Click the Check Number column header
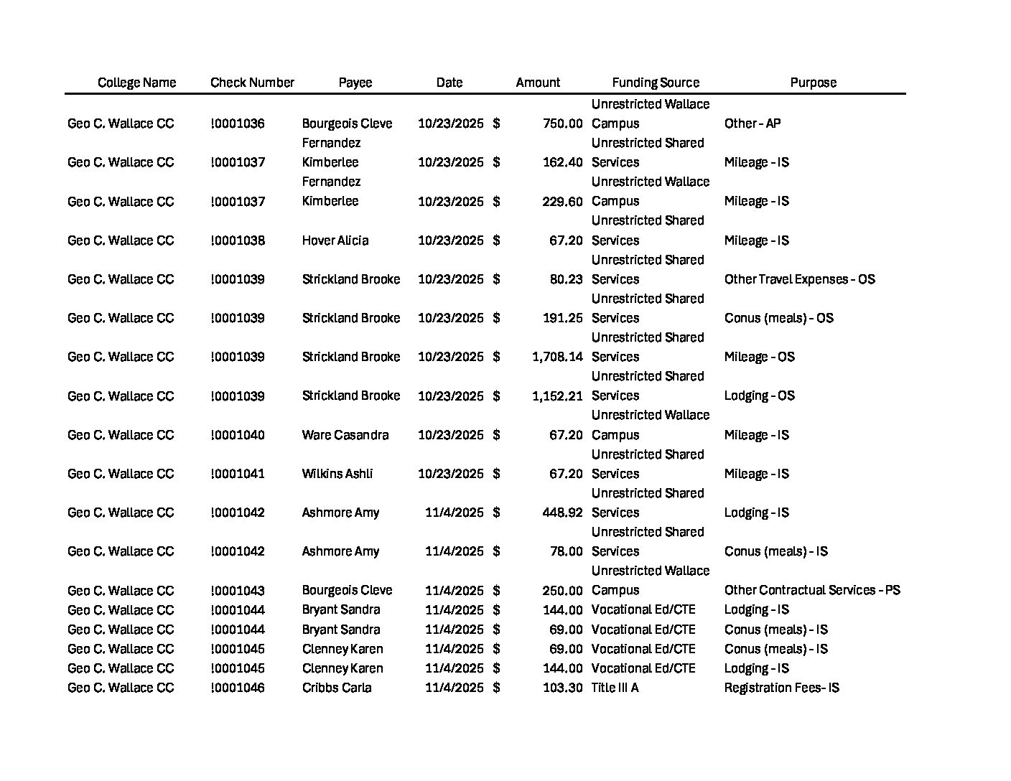[252, 83]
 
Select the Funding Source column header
[655, 83]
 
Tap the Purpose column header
[813, 83]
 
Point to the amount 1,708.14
[557, 357]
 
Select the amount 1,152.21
[557, 396]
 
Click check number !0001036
[238, 123]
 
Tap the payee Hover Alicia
[335, 240]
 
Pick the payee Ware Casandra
[345, 435]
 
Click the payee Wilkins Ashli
[337, 474]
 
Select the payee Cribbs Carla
[336, 688]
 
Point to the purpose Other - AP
[752, 123]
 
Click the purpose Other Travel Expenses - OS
[799, 279]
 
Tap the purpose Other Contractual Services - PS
[811, 590]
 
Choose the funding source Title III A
[615, 688]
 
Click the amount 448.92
[562, 513]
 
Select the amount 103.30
[562, 688]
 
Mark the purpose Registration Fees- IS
[781, 688]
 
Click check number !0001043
[238, 591]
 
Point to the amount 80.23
[566, 279]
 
